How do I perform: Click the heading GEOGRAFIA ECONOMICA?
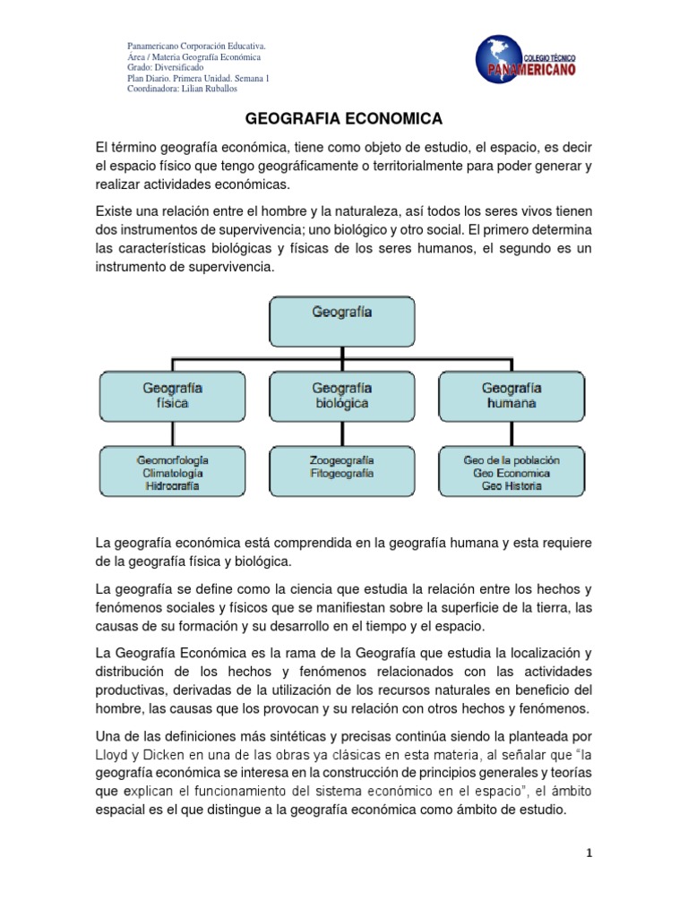coord(344,118)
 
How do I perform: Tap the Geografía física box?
coord(172,395)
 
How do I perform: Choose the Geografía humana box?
coord(512,395)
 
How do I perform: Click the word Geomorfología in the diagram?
coord(172,459)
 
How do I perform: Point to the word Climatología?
coord(172,473)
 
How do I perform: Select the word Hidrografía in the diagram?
coord(172,486)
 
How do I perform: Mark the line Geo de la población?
coord(512,459)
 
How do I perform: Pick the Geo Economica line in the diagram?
coord(512,473)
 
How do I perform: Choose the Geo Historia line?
coord(512,486)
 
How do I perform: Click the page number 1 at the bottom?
coord(588,853)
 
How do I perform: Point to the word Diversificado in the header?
coord(178,67)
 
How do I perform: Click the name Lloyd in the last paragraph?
coord(113,753)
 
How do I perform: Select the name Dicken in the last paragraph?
coord(159,753)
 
